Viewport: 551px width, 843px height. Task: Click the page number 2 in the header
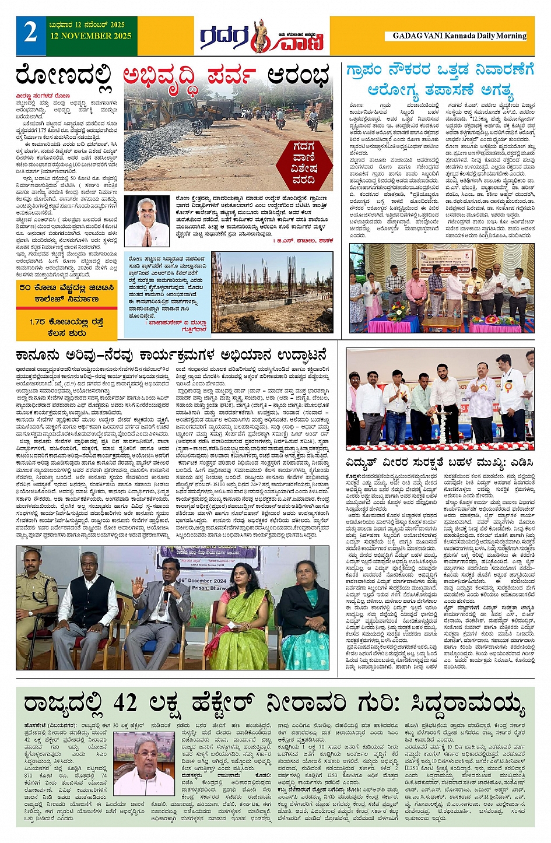point(30,32)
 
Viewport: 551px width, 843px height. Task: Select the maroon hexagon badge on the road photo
point(304,163)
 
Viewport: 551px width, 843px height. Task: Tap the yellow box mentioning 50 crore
point(65,293)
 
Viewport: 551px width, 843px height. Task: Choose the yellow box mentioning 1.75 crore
point(65,326)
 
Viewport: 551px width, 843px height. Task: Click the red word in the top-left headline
point(189,76)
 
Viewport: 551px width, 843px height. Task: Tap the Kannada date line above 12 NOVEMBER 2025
point(87,25)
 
